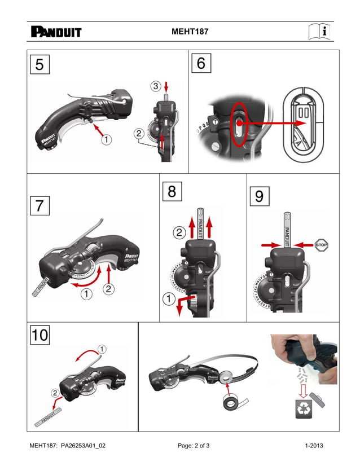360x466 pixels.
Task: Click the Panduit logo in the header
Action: (56, 32)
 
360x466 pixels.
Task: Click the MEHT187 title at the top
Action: (190, 32)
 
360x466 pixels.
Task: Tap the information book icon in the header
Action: (319, 32)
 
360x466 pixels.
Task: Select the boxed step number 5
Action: (39, 64)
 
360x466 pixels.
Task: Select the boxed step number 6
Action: (201, 64)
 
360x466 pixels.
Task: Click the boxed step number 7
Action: (39, 206)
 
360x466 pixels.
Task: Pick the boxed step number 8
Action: (172, 192)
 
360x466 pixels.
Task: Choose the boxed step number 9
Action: (259, 196)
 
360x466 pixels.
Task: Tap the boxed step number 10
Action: (39, 335)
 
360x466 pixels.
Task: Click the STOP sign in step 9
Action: (322, 245)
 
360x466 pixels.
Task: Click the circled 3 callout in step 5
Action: (156, 86)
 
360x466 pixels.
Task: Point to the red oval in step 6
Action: (239, 124)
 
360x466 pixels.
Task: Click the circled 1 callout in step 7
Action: (86, 293)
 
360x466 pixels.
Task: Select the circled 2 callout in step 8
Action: (178, 232)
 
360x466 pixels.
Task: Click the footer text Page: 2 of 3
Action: (194, 446)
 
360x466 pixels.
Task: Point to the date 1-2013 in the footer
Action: (314, 446)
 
